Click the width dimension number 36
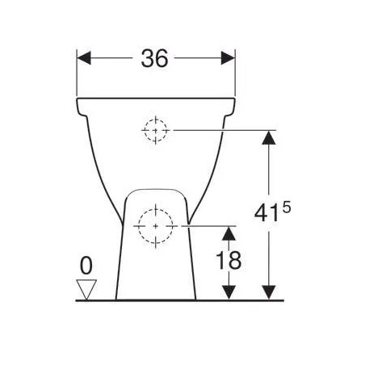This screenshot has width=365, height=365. coord(154,58)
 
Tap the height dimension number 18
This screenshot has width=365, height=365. coord(229,260)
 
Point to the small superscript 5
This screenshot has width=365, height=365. coord(287,208)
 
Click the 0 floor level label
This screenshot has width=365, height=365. coord(86,266)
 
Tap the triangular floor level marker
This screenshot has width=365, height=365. coord(86,289)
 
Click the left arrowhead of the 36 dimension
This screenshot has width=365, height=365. coord(84,58)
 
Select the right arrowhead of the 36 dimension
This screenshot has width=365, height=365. coord(228,58)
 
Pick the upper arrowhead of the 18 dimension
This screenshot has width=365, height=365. coord(229,233)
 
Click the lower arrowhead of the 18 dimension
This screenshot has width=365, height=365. coord(229,292)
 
